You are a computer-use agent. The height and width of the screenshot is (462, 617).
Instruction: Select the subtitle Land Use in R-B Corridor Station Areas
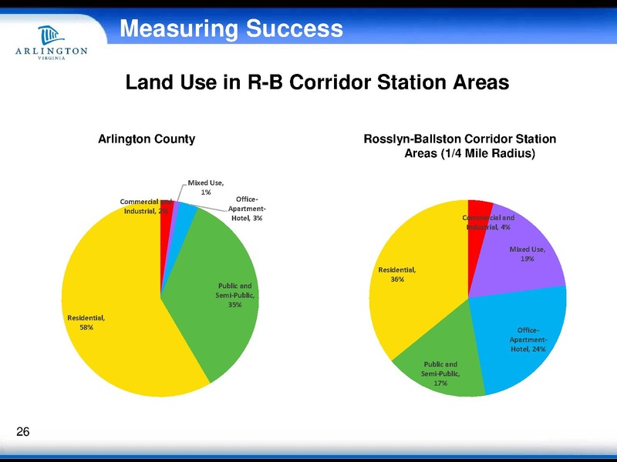(318, 82)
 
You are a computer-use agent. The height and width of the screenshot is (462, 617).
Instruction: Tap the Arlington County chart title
(146, 139)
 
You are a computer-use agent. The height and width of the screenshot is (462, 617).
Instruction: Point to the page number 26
(22, 432)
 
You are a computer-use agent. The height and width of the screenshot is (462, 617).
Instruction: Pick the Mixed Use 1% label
(207, 187)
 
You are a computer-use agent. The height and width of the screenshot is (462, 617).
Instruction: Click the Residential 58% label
(86, 322)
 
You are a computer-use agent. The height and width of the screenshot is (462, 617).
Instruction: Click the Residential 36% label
(397, 274)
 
